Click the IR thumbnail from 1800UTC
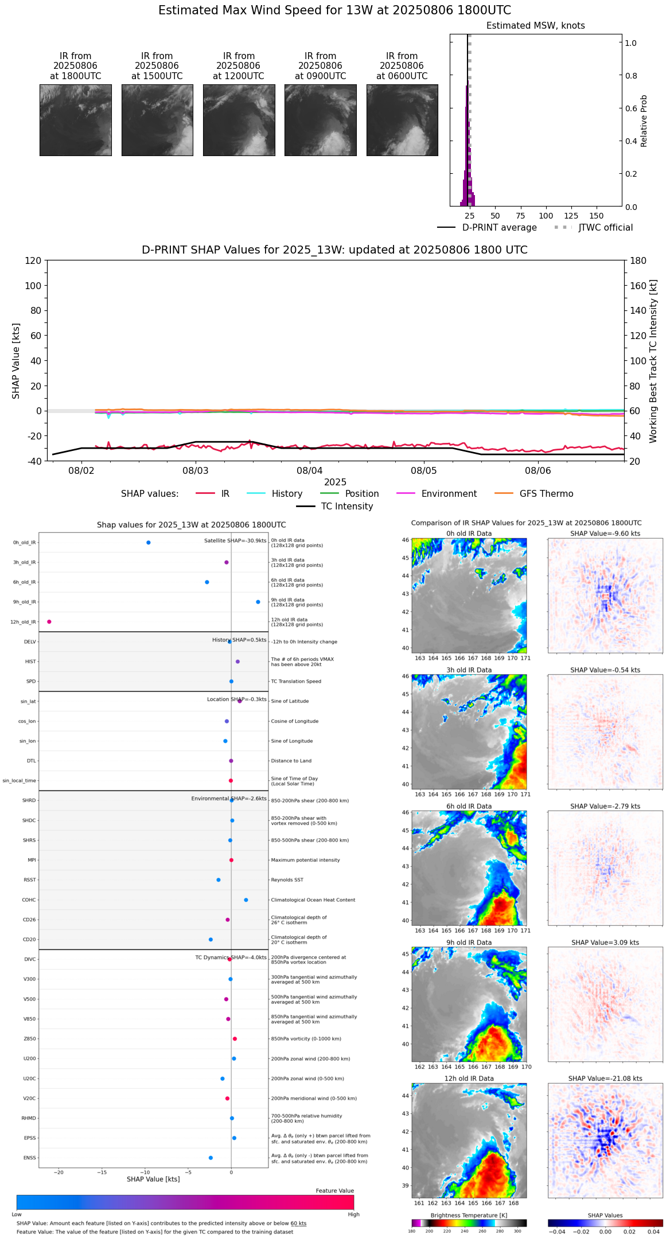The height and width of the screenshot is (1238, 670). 76,120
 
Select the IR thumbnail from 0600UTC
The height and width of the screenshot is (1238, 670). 402,120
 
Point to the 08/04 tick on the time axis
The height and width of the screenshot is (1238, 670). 310,470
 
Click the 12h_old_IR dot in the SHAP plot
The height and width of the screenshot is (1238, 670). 49,622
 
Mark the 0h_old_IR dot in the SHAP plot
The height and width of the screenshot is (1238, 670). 149,543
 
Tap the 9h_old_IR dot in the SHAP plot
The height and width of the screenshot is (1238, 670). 258,602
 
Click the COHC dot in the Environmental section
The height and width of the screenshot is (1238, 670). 246,900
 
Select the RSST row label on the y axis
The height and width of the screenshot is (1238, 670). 30,880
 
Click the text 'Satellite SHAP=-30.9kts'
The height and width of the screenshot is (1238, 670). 235,541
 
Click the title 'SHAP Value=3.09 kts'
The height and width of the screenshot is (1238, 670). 605,943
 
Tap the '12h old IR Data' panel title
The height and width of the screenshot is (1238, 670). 469,1079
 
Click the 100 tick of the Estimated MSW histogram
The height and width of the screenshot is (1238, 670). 546,216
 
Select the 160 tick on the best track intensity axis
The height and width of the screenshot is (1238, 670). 638,286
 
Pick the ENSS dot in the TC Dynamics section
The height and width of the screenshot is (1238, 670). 211,1158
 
